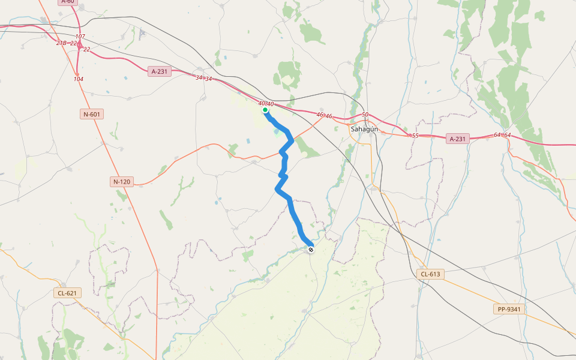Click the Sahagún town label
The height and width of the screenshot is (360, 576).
pyautogui.click(x=364, y=128)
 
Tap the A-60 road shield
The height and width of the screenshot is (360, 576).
pyautogui.click(x=68, y=2)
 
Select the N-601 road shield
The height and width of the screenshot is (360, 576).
pyautogui.click(x=92, y=114)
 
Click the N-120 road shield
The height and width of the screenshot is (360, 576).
pyautogui.click(x=122, y=181)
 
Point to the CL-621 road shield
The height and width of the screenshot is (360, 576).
pyautogui.click(x=67, y=293)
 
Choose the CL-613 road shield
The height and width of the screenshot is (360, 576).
pyautogui.click(x=430, y=274)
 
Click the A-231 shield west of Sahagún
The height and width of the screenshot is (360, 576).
pyautogui.click(x=160, y=71)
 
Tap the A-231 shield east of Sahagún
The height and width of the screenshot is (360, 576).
pyautogui.click(x=457, y=139)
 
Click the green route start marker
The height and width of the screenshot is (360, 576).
pyautogui.click(x=265, y=110)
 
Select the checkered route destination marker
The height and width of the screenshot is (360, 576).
pyautogui.click(x=310, y=250)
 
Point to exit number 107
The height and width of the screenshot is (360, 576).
pyautogui.click(x=80, y=37)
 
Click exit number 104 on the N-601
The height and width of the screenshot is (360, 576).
pyautogui.click(x=79, y=79)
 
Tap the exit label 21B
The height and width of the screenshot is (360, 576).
pyautogui.click(x=61, y=43)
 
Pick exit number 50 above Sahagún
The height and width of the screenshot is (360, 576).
pyautogui.click(x=365, y=115)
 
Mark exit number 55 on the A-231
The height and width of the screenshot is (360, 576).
pyautogui.click(x=415, y=136)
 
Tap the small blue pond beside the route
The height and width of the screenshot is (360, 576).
pyautogui.click(x=277, y=131)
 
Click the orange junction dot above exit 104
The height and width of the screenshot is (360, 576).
pyautogui.click(x=77, y=74)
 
